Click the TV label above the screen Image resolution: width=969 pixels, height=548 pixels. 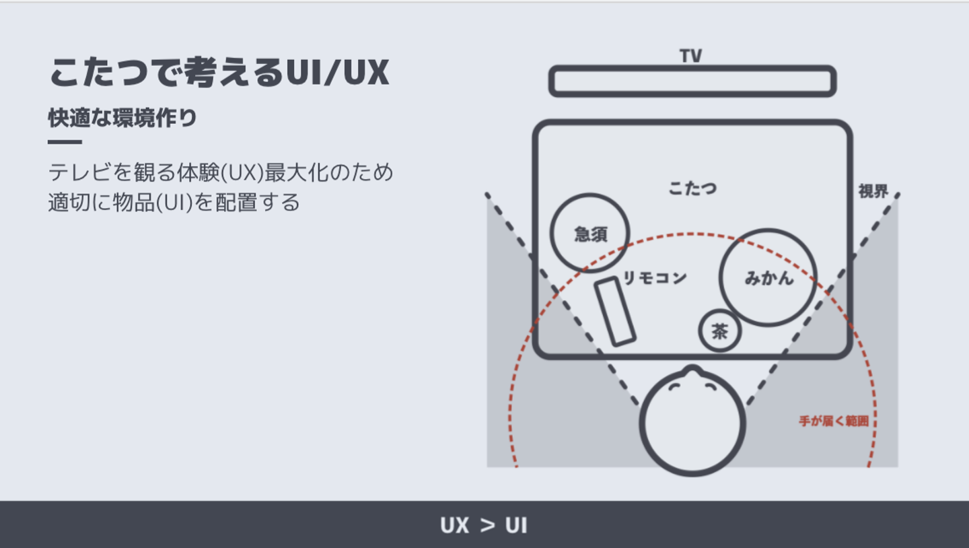(x=691, y=56)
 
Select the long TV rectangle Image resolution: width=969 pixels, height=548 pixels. (x=692, y=81)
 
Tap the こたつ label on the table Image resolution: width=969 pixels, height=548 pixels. (x=692, y=189)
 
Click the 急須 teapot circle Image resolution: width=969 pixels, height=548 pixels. (x=590, y=233)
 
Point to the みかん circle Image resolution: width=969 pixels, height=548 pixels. (x=768, y=277)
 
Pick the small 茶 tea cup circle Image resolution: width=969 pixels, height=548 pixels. (x=720, y=331)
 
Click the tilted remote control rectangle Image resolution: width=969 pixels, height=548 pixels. (x=615, y=311)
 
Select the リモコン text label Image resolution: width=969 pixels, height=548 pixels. (x=655, y=277)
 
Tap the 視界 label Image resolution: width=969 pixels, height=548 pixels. (x=873, y=191)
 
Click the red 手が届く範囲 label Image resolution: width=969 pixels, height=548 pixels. (x=834, y=421)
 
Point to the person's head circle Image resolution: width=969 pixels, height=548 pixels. (x=692, y=424)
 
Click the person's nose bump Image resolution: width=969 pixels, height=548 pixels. (x=692, y=370)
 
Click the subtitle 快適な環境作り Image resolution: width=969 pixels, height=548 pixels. (x=122, y=118)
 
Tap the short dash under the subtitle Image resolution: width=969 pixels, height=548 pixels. (x=65, y=142)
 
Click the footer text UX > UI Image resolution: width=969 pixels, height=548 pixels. (x=484, y=525)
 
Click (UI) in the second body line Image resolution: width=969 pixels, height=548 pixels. (x=174, y=202)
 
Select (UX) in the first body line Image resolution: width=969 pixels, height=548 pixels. (x=241, y=172)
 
